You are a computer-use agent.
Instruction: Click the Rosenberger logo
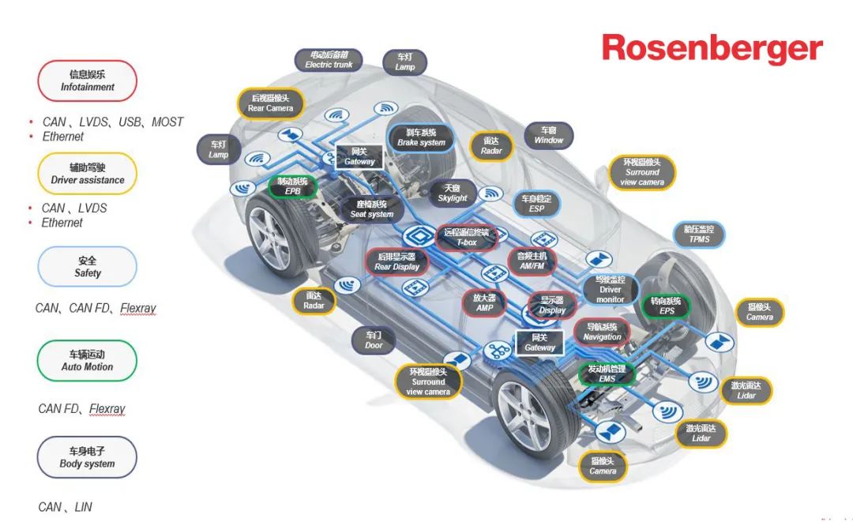712,49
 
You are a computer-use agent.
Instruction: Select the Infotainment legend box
88,81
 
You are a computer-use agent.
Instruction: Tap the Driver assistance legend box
88,174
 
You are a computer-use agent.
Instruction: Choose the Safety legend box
88,267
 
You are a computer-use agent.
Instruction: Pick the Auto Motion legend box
88,361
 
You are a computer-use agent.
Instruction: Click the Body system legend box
88,458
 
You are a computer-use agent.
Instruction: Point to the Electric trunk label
329,60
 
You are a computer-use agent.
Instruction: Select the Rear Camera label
271,103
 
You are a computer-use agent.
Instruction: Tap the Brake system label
422,137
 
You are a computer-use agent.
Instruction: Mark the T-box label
467,238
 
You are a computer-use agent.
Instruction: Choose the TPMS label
699,234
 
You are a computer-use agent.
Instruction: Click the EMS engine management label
607,374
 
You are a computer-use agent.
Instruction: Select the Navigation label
603,332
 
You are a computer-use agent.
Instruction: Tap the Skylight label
453,193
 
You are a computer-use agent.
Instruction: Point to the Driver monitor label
611,290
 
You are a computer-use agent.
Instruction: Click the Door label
374,340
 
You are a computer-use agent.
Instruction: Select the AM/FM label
532,261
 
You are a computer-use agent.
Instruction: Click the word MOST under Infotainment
167,122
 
